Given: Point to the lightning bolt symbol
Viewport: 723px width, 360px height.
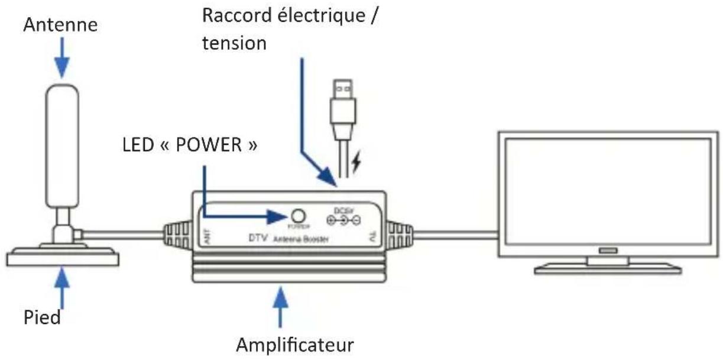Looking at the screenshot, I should [356, 165].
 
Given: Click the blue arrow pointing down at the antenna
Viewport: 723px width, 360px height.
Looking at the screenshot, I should [63, 59].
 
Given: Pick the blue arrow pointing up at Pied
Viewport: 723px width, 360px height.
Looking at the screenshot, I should [63, 287].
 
